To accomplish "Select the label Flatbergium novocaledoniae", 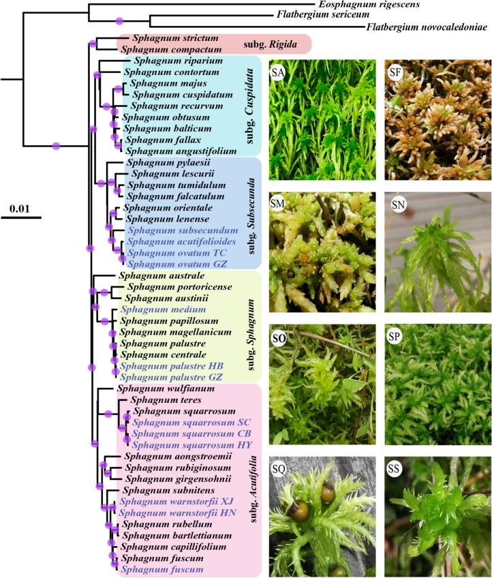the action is [x=427, y=28].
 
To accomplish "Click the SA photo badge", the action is [x=279, y=72].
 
